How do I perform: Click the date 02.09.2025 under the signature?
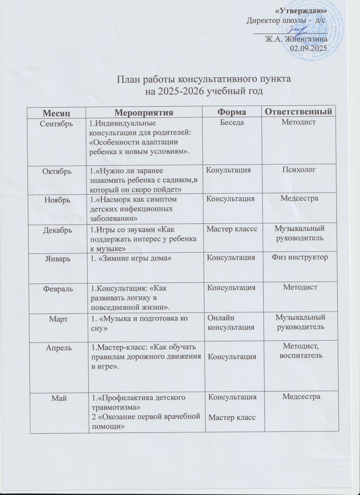pyautogui.click(x=311, y=48)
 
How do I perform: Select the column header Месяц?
pyautogui.click(x=56, y=112)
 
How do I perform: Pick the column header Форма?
pyautogui.click(x=231, y=112)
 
